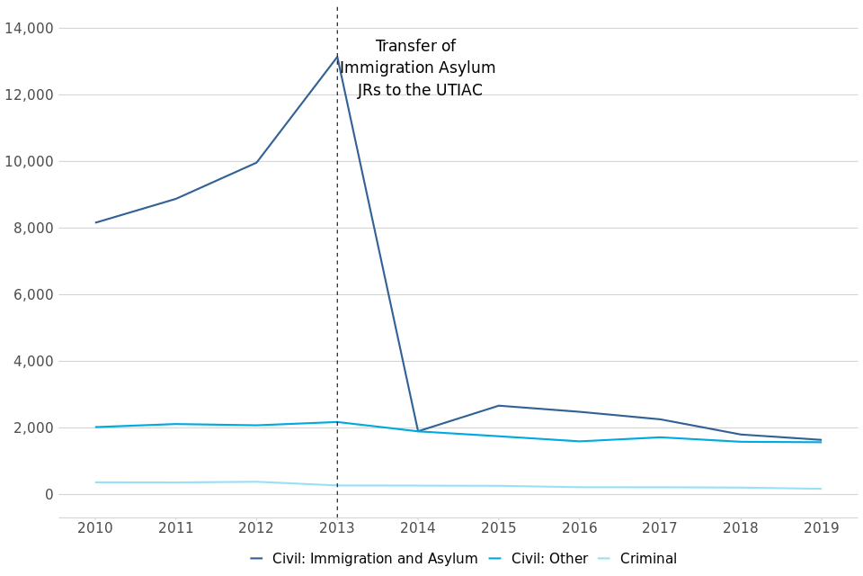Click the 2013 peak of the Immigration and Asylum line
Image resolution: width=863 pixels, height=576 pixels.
tap(337, 58)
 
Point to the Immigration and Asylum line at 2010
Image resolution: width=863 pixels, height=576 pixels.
tap(96, 222)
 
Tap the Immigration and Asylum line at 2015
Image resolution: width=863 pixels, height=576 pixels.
tap(499, 406)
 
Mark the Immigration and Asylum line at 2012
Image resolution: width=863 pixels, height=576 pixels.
tap(256, 163)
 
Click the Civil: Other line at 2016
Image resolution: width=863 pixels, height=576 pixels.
tap(580, 441)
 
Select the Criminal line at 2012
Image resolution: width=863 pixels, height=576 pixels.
tap(256, 481)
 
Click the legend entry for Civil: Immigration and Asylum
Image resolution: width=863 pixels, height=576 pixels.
tap(364, 559)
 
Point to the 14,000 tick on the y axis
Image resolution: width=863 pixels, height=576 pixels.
tap(29, 28)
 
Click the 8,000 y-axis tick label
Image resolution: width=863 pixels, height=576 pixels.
tap(32, 228)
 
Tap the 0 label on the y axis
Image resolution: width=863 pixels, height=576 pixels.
tap(49, 494)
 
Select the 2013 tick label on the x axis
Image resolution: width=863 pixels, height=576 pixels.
tap(337, 528)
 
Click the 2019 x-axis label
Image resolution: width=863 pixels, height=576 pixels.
tap(821, 528)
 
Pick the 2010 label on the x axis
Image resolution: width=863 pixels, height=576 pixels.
tap(96, 528)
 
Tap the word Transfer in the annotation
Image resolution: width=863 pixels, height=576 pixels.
tap(404, 47)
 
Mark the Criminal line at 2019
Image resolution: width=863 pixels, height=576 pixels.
tap(821, 489)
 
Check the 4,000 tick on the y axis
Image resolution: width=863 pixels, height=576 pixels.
tap(32, 361)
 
